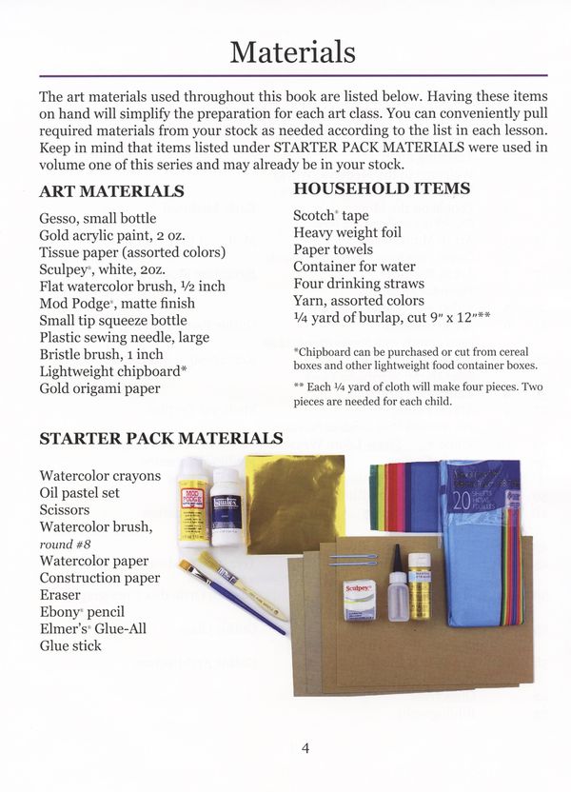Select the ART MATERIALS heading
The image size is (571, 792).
111,191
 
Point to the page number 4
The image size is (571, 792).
305,747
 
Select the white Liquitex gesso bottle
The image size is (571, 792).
226,511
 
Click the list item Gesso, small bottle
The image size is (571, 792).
91,217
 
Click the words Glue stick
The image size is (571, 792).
70,645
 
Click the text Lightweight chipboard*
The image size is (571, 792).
112,371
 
